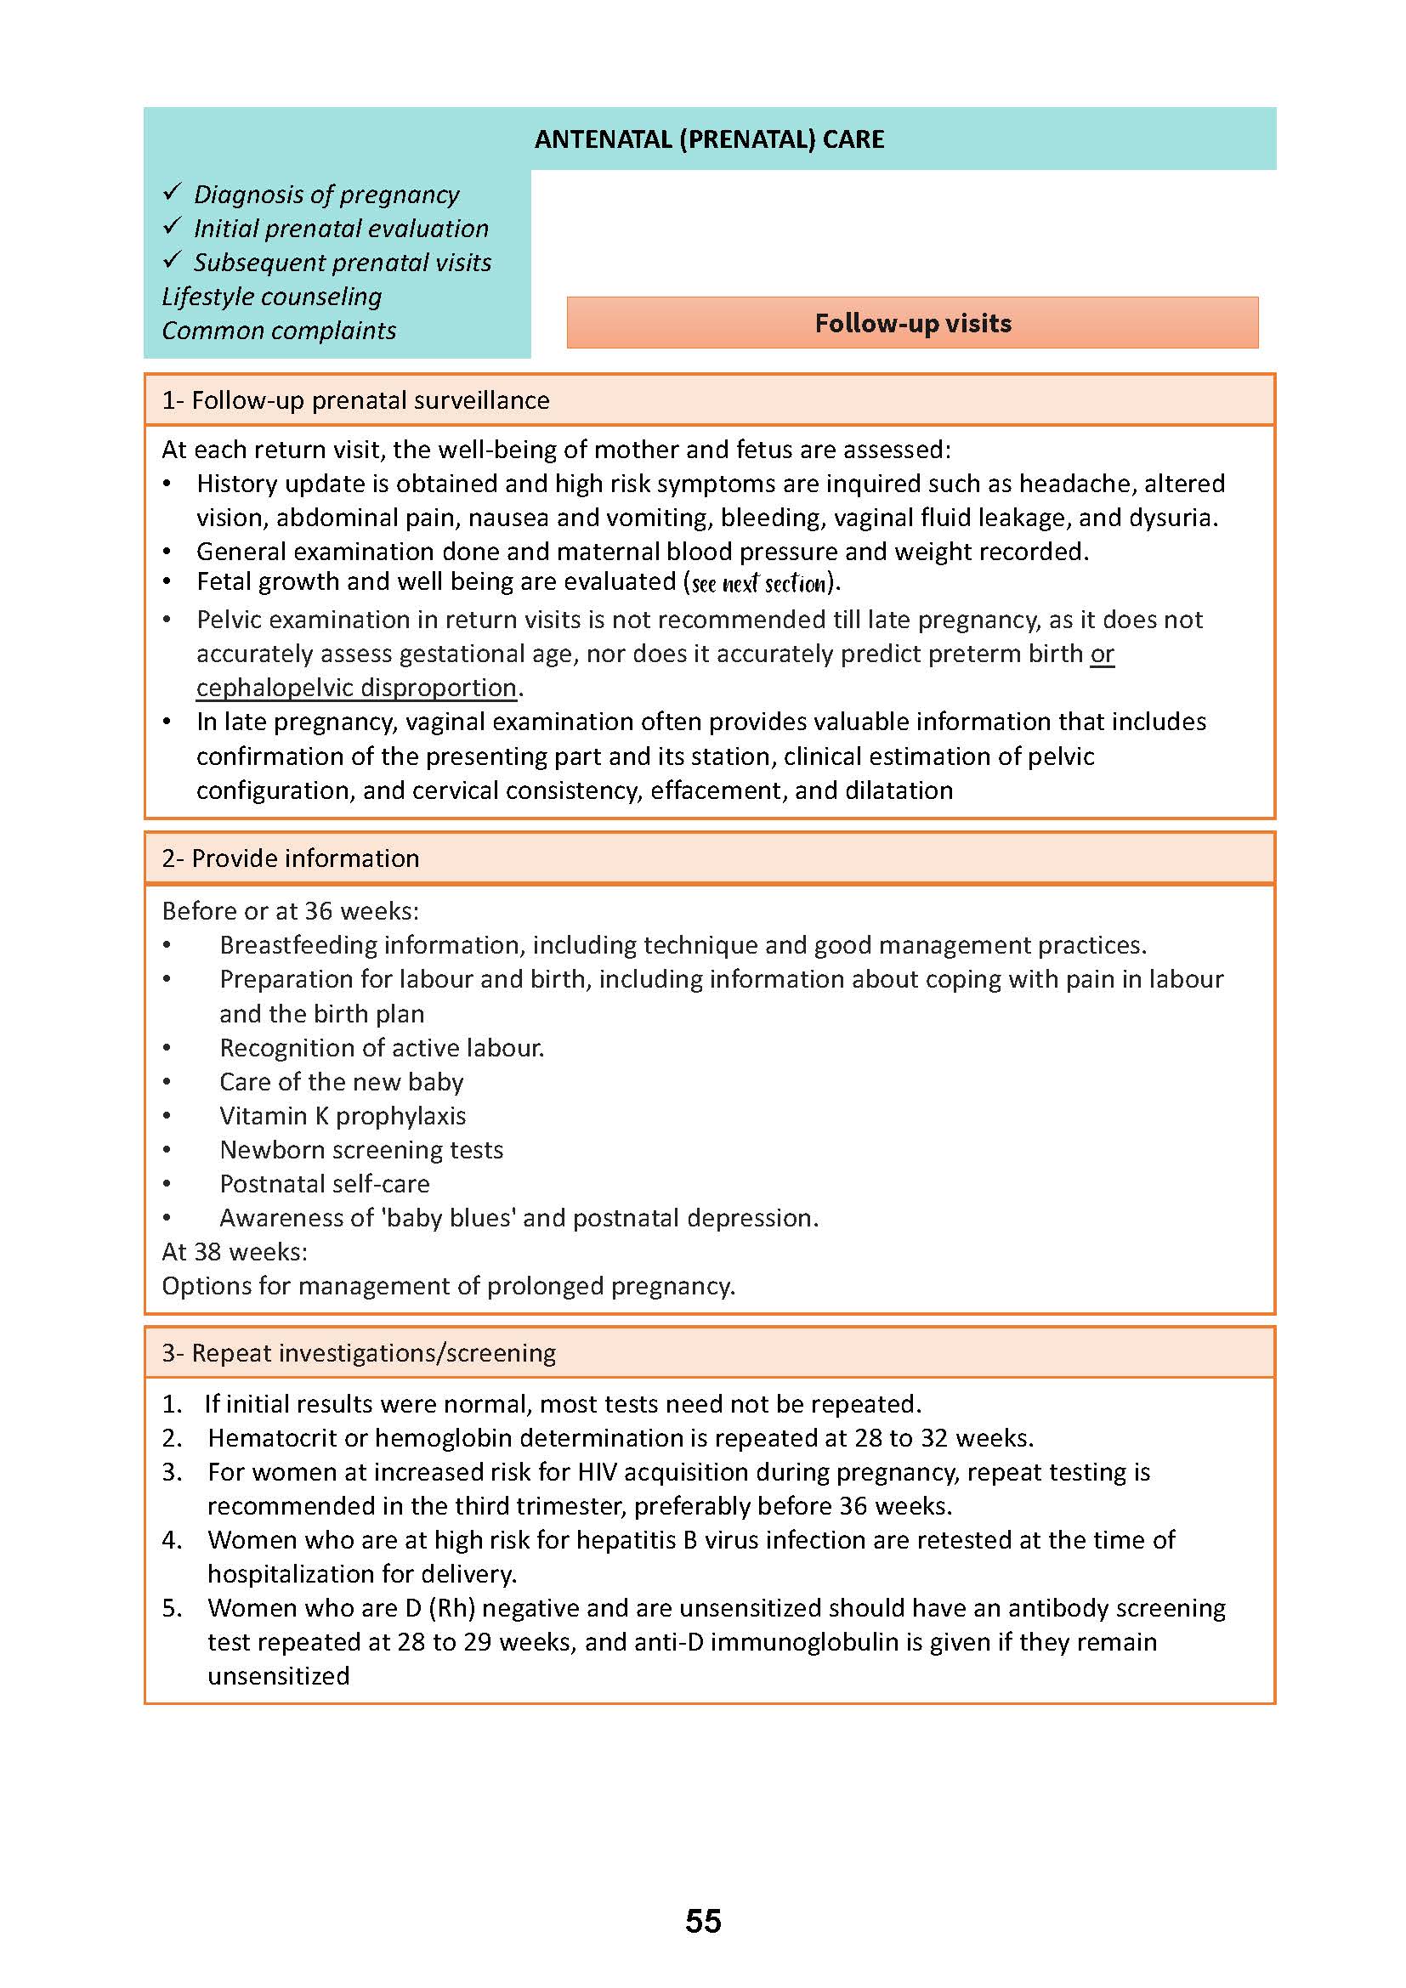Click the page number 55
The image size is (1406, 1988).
702,1921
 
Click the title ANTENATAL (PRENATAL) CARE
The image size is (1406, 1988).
709,139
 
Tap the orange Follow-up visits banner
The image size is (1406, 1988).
912,323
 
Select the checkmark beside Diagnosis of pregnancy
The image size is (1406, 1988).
173,192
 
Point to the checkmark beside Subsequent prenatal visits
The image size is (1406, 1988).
173,260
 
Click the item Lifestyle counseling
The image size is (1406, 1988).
271,296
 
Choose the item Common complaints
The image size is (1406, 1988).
279,330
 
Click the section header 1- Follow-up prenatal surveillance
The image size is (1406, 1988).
355,400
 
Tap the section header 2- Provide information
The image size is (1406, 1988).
290,858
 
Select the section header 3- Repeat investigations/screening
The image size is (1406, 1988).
359,1352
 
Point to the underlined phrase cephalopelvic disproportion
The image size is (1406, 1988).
356,688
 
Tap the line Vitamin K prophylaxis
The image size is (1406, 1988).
342,1115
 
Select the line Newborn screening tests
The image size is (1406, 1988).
361,1150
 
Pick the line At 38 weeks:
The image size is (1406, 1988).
235,1252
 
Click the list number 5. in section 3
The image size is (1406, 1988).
172,1608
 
